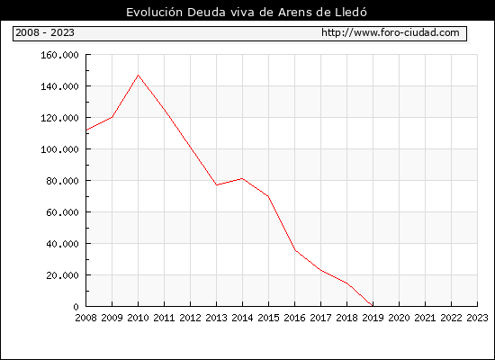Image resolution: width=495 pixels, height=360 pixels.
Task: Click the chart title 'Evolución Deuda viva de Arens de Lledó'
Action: coord(247,13)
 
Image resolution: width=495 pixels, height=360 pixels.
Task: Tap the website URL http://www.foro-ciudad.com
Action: coord(391,32)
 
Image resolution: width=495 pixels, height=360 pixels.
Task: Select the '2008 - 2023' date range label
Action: coord(45,32)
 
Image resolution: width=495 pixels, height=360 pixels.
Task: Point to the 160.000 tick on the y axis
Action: coord(59,55)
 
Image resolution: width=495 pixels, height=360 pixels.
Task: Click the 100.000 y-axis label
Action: coord(59,149)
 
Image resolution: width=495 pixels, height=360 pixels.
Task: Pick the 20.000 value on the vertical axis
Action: coord(62,275)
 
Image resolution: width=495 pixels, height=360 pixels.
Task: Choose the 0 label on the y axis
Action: coord(76,307)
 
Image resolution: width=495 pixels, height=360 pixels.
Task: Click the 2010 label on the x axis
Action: coord(138,318)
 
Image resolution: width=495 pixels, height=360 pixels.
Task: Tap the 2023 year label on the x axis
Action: coord(477,318)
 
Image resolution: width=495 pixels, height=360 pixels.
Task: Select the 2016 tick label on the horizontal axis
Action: coord(294,318)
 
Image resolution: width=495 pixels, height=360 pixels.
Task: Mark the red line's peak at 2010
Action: coord(138,75)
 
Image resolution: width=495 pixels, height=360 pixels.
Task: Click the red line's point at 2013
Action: coord(217,185)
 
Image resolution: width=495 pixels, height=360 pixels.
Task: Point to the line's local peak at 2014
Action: coord(242,178)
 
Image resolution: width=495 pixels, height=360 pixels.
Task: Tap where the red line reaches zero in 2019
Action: coord(373,306)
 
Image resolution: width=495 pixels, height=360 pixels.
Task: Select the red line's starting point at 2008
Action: coord(86,130)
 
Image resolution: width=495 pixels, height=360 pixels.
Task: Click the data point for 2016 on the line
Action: coord(295,250)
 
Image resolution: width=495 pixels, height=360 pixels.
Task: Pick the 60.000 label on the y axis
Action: coord(62,212)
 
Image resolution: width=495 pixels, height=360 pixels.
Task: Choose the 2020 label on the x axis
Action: coord(399,318)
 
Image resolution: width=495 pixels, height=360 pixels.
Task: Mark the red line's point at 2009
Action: coord(112,117)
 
